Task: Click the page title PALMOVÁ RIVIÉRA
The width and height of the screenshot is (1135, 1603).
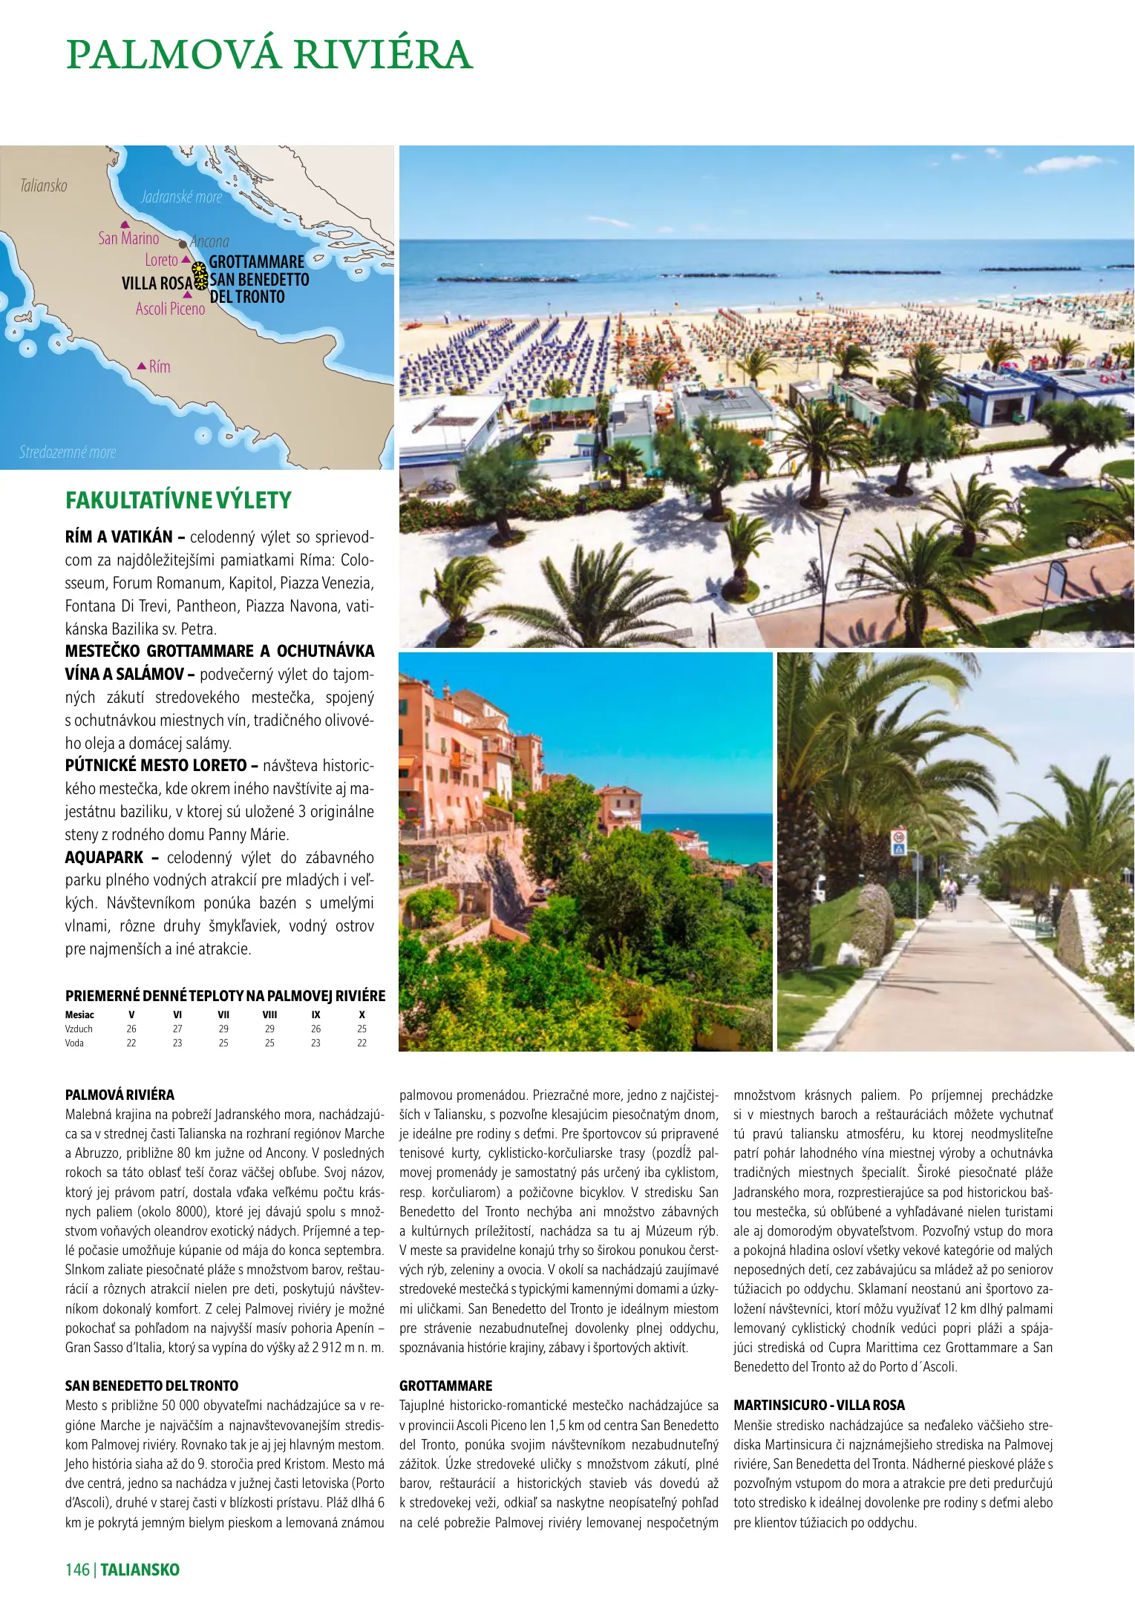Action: (269, 55)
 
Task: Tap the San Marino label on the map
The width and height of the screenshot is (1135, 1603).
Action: (128, 238)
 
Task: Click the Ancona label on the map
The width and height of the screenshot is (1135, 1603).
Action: (209, 242)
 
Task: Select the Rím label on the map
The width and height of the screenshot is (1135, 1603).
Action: (160, 367)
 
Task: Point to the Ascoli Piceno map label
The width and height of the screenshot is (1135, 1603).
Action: (170, 309)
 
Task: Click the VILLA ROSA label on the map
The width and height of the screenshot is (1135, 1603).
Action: (157, 283)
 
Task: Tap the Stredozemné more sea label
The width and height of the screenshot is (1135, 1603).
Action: (68, 452)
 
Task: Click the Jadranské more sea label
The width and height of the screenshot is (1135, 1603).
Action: (181, 197)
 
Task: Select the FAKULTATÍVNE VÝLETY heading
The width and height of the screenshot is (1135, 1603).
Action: (178, 500)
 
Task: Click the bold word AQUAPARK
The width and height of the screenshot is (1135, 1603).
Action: (104, 857)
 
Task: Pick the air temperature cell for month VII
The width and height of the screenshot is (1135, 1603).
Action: (223, 1029)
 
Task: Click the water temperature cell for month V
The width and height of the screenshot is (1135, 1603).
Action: (131, 1043)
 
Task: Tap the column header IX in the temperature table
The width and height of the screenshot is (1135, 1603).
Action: (315, 1014)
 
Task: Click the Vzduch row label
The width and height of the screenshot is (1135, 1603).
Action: (79, 1029)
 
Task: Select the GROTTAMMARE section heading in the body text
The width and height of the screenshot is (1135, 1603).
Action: (445, 1386)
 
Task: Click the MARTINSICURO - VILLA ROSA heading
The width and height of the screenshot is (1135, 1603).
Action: (819, 1405)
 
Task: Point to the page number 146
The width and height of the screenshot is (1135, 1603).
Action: (77, 1569)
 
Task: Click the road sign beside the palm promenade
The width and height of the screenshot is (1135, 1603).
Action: (898, 844)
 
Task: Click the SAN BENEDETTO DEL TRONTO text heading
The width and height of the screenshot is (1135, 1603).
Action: (151, 1386)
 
